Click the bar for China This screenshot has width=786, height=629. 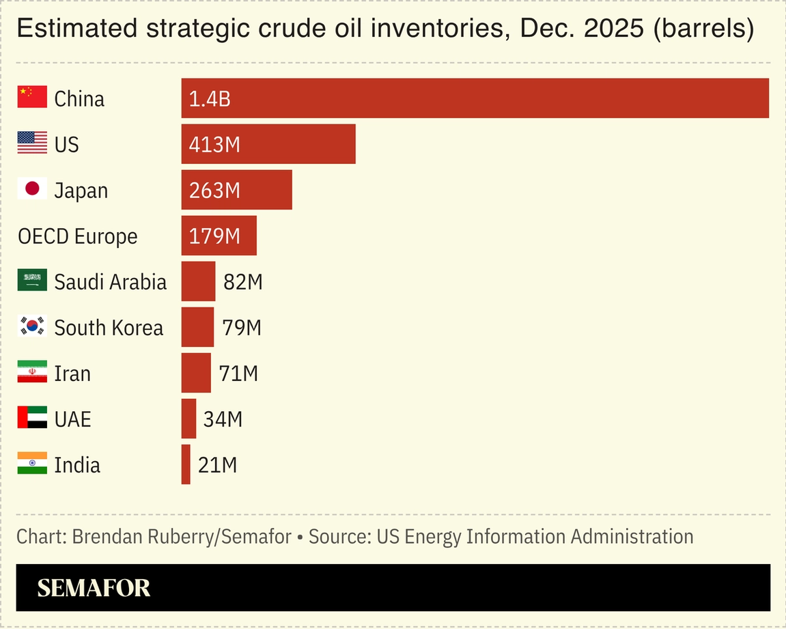click(x=475, y=98)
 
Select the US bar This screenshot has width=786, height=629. click(x=268, y=144)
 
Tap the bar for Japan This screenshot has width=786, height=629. click(x=236, y=190)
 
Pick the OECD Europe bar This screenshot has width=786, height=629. click(x=219, y=236)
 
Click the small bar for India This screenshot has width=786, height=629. click(x=186, y=464)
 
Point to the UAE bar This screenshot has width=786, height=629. click(x=188, y=419)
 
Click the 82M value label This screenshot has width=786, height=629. click(x=243, y=281)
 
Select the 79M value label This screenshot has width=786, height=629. click(x=242, y=327)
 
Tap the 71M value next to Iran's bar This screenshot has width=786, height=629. click(x=238, y=374)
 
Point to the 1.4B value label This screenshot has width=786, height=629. click(x=210, y=99)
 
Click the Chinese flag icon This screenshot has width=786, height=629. click(x=32, y=97)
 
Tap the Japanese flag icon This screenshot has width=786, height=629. click(x=32, y=188)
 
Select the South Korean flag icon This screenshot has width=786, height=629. click(x=32, y=326)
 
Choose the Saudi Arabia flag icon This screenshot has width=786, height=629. click(x=32, y=280)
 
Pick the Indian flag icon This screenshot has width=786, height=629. click(x=32, y=463)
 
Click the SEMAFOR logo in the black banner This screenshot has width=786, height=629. click(x=94, y=588)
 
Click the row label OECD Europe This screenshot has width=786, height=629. click(x=77, y=236)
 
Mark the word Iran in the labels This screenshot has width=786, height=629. click(x=72, y=374)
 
